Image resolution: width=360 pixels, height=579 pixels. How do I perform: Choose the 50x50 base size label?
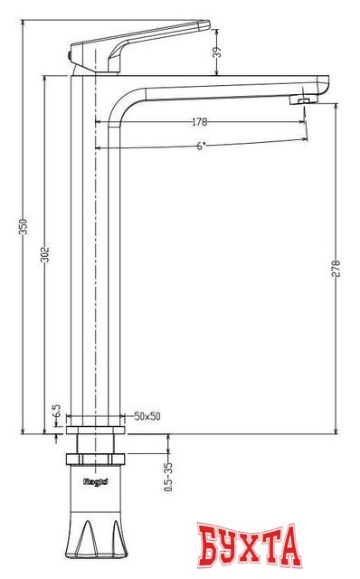pos(147,416)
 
